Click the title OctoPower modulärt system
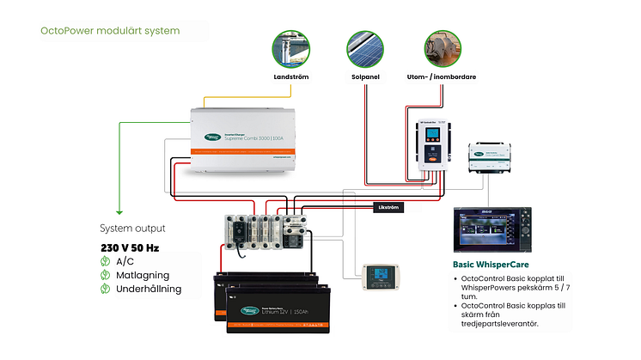click(110, 31)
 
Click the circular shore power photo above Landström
click(291, 49)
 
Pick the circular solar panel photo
click(361, 49)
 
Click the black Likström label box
click(388, 207)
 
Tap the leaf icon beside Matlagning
click(106, 276)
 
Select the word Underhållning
click(149, 290)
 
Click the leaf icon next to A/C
click(106, 262)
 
